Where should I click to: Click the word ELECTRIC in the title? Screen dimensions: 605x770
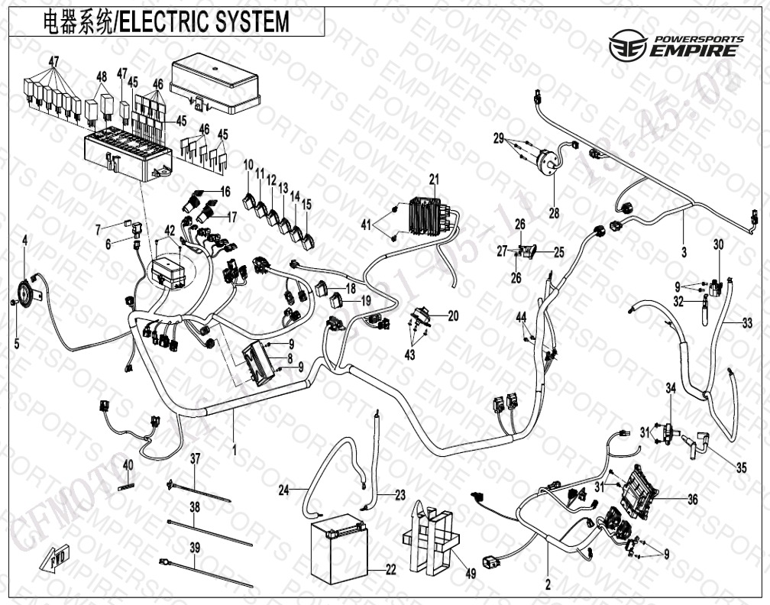click(x=162, y=21)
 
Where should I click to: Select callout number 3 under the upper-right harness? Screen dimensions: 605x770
click(x=684, y=251)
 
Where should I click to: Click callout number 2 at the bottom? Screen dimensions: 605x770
click(x=548, y=586)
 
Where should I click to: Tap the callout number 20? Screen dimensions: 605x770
click(x=453, y=315)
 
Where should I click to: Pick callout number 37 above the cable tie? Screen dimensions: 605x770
click(x=195, y=458)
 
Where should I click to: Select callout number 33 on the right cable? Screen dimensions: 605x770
click(x=746, y=323)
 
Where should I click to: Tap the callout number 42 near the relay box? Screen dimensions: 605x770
click(x=170, y=230)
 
